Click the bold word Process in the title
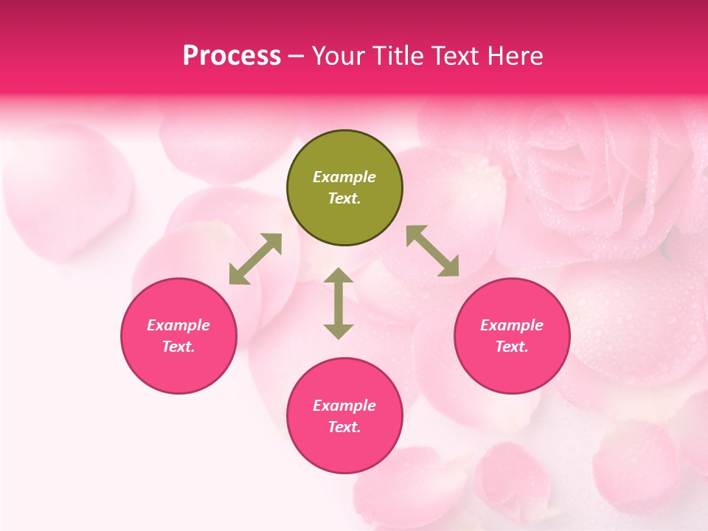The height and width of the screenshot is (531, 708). coord(232,56)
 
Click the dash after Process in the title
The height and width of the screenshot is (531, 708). coord(296,57)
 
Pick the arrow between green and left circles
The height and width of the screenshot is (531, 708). coord(255,259)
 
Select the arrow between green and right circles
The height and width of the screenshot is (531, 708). coord(433,251)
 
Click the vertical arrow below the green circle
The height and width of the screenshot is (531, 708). coord(339,303)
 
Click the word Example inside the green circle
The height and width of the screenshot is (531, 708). coord(344,177)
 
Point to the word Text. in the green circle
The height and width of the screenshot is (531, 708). coord(344,198)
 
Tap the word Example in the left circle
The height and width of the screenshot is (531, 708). coord(178,325)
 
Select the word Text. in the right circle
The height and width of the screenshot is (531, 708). coord(512,347)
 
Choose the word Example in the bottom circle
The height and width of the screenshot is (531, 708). coord(344,406)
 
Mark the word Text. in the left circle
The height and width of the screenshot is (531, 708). coord(178,347)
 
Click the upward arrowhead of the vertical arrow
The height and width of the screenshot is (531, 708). coord(339,275)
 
